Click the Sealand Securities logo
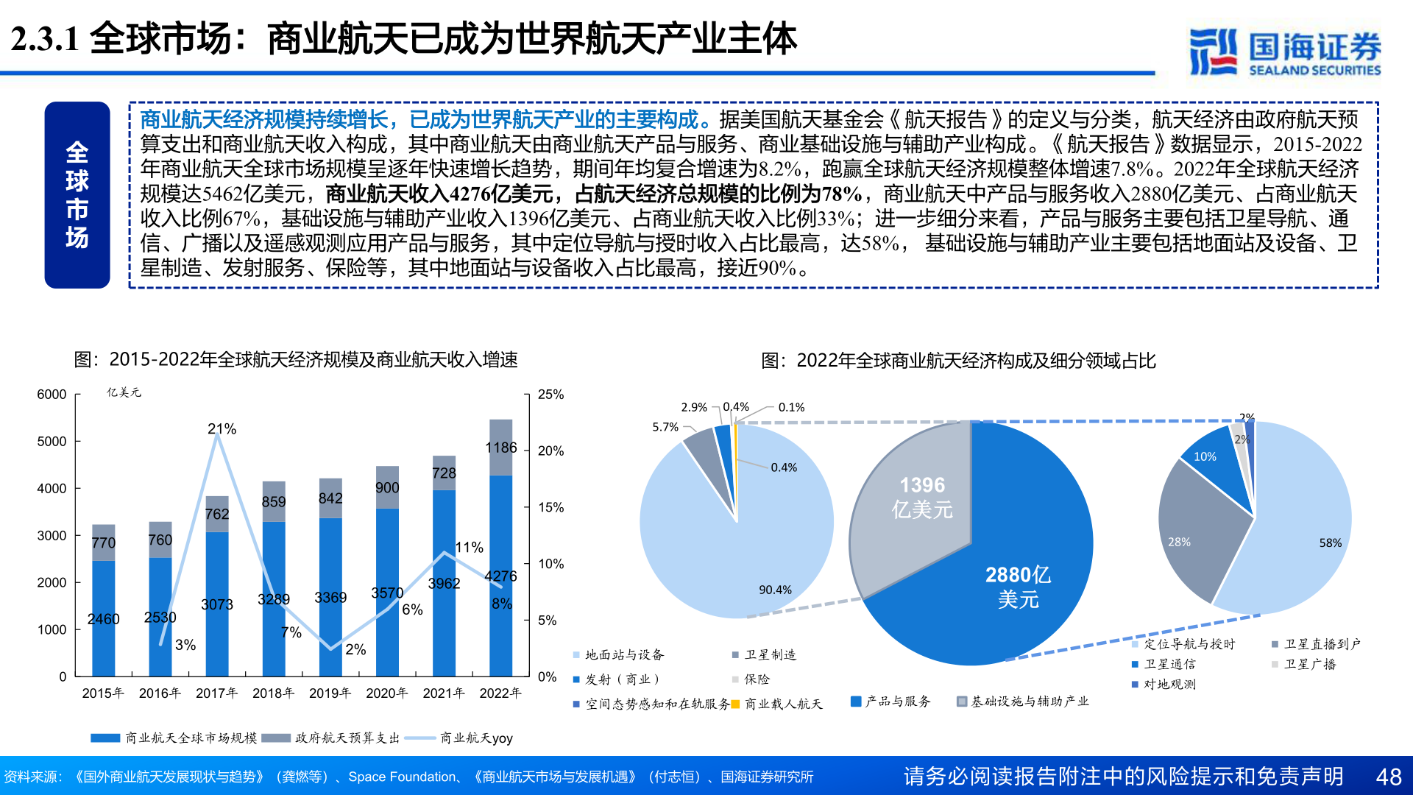pos(1284,52)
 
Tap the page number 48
pos(1389,777)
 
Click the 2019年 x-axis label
pos(330,693)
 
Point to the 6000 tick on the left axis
pos(52,395)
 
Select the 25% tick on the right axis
pos(550,395)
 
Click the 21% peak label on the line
pos(222,428)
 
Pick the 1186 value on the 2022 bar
pos(501,448)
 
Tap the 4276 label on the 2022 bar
pos(500,576)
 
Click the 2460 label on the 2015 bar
pos(103,619)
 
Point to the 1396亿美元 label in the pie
pos(922,497)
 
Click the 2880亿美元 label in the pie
pos(1018,587)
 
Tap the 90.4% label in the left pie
pos(775,590)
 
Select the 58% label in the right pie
pos(1330,543)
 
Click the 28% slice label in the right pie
pos(1179,542)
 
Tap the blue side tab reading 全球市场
pos(77,195)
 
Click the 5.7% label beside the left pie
pos(665,427)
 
